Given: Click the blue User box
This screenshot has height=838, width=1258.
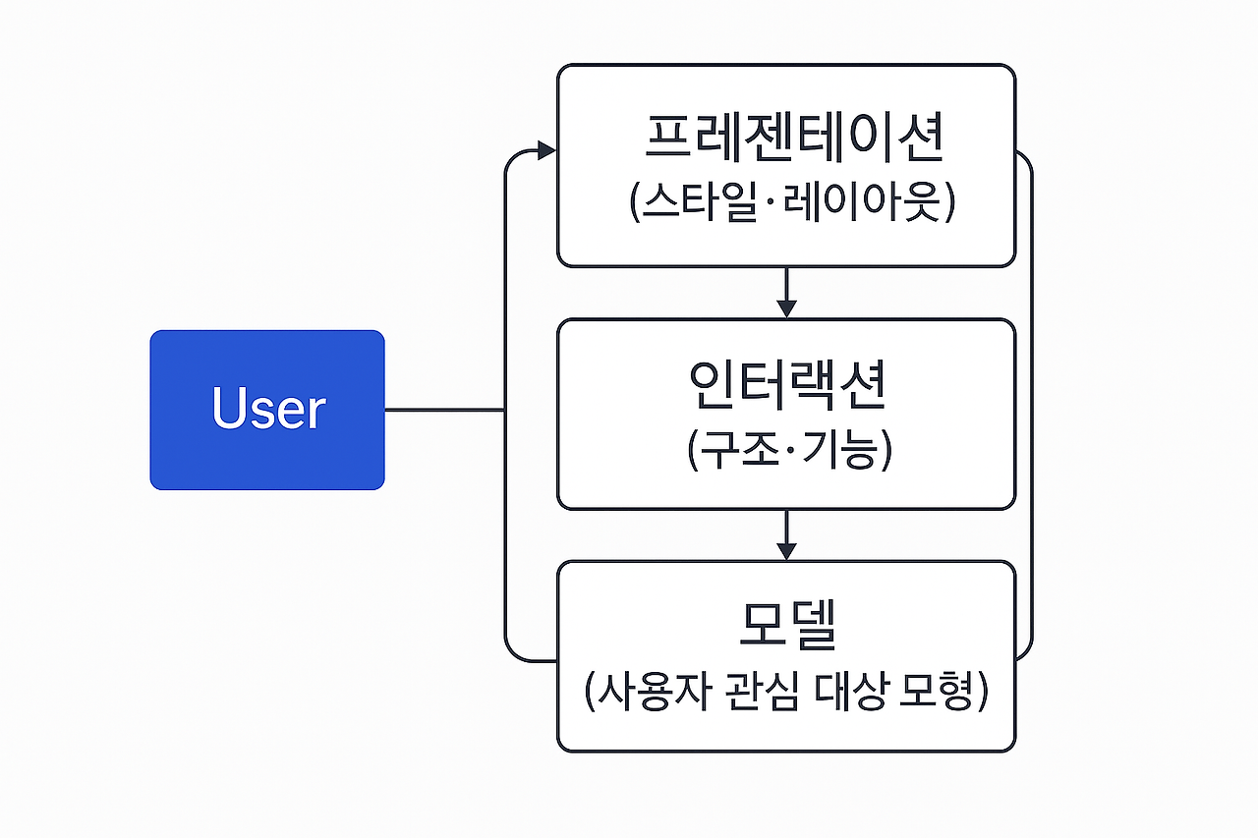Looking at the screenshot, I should coord(266,410).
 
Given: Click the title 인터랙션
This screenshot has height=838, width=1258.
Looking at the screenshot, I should coord(786,385).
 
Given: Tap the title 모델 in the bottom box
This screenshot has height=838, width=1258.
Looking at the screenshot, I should coord(786,625).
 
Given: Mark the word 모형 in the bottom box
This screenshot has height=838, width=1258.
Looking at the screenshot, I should coord(934,693).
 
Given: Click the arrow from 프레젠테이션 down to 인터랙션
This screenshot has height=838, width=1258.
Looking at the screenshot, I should coord(785,293).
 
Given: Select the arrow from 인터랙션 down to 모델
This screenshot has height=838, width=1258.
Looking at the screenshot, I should coord(785,535).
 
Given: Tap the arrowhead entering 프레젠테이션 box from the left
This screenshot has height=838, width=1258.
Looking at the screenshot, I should coord(545,150).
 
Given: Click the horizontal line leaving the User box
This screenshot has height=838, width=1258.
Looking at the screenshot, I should coord(443,410).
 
